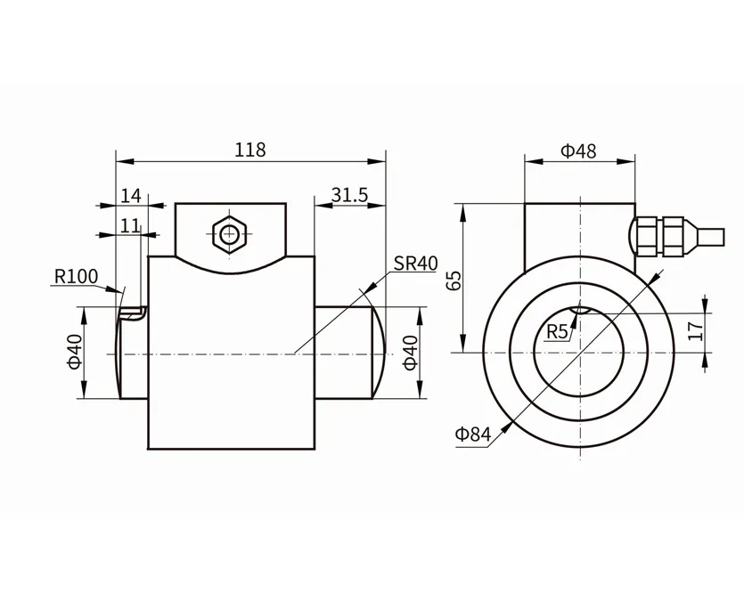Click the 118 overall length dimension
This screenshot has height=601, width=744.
[x=250, y=150]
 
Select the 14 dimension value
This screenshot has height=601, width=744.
[x=131, y=195]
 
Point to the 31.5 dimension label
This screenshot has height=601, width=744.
[x=349, y=195]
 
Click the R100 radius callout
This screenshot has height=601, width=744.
[x=76, y=276]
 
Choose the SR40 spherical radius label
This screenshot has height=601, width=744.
[x=415, y=264]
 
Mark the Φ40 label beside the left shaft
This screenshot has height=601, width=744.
[x=74, y=353]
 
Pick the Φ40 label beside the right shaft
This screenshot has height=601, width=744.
[x=411, y=353]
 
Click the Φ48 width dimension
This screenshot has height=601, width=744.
[x=578, y=150]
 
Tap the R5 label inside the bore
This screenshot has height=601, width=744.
[x=557, y=332]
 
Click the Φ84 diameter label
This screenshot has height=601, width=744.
[x=473, y=435]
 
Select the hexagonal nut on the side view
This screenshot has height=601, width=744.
[x=231, y=235]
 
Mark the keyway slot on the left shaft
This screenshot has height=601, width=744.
[x=132, y=313]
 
